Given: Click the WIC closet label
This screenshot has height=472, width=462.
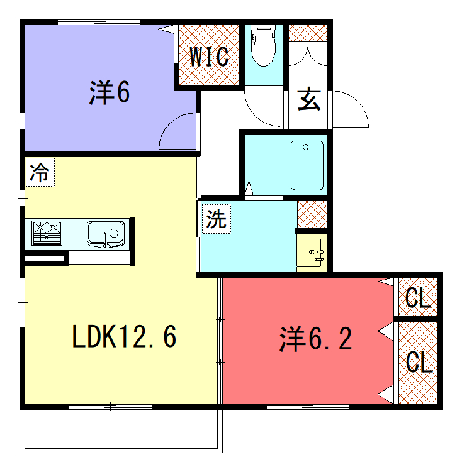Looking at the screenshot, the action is click(208, 57).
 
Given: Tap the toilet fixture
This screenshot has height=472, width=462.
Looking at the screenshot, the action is click(263, 45).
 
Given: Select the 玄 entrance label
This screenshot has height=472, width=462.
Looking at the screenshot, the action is click(308, 99).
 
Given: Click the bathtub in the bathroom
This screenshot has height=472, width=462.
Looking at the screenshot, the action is click(307, 165).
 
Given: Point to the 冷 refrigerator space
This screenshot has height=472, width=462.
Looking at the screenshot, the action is click(40, 172).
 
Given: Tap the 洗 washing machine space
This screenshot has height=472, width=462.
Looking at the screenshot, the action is click(217, 219).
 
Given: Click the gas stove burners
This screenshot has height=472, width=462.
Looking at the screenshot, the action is click(47, 233).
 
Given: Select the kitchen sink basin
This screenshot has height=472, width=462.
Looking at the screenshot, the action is click(106, 234).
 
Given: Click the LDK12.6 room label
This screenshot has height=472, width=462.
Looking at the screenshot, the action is click(124, 336).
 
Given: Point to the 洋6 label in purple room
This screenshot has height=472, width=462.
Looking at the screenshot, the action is click(110, 92).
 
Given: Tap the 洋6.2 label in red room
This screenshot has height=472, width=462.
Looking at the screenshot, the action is click(315, 339).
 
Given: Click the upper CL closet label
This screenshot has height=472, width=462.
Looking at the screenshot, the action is click(419, 298).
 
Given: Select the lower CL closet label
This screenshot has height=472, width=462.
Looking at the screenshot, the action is click(419, 362).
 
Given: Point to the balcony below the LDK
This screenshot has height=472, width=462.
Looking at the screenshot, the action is click(121, 431).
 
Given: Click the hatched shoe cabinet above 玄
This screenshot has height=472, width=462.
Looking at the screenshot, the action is click(308, 33).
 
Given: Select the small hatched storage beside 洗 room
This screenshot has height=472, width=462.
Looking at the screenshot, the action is click(312, 214).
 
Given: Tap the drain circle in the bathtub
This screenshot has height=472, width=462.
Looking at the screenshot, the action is click(306, 147).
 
